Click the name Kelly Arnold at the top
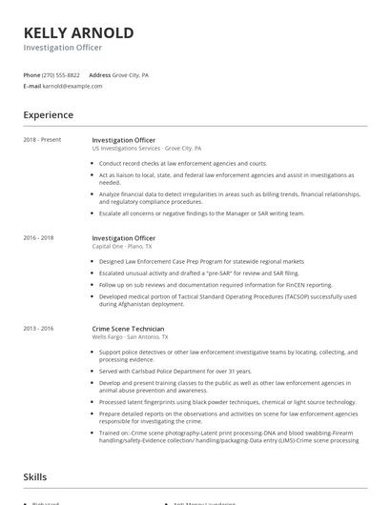click(x=78, y=32)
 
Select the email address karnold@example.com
click(x=72, y=86)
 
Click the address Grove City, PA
click(x=131, y=74)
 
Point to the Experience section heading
click(x=49, y=115)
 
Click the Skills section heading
click(x=36, y=475)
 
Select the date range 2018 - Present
click(x=42, y=140)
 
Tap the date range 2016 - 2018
click(x=39, y=237)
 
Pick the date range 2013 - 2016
click(x=39, y=329)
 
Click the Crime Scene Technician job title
click(x=129, y=329)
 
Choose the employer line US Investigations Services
click(x=146, y=149)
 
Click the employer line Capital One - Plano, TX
click(x=121, y=246)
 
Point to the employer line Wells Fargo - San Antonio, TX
click(x=130, y=337)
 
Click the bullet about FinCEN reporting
click(x=216, y=284)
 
